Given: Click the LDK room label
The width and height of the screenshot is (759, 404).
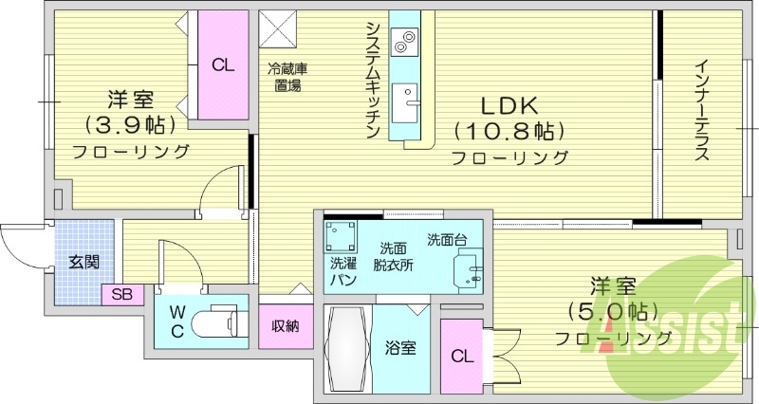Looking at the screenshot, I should tap(509, 104).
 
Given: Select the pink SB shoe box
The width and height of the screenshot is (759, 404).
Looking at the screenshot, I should tap(121, 294).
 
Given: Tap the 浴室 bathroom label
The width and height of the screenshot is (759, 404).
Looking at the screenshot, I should tap(399, 347).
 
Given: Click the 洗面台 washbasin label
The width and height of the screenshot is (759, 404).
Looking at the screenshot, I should tap(446, 239).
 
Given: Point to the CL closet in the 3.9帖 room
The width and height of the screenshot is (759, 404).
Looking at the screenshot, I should tap(223, 64).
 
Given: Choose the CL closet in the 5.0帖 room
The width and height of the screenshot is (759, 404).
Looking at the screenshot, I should tap(462, 357).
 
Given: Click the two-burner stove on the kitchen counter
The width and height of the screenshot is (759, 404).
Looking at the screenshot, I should tap(404, 41).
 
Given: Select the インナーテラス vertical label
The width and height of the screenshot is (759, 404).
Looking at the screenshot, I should tap(701, 110).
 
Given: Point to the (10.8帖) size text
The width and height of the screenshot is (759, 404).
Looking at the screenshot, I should tap(509, 130).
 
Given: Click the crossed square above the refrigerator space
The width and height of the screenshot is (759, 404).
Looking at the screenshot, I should tap(279, 28).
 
